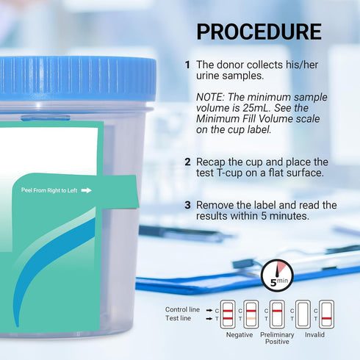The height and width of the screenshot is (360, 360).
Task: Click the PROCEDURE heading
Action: click(x=259, y=32)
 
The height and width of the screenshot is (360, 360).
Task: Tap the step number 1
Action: click(x=187, y=65)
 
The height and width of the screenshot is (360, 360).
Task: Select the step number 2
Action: click(x=187, y=162)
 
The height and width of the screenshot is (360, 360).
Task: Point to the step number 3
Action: click(x=187, y=205)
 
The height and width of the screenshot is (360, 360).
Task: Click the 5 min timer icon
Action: click(x=277, y=276)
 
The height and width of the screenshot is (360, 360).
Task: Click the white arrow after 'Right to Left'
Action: click(x=86, y=190)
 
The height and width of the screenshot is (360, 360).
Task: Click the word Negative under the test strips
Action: click(x=238, y=335)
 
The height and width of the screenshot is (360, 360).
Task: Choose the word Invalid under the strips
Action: click(x=314, y=335)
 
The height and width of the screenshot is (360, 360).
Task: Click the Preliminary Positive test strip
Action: click(x=277, y=314)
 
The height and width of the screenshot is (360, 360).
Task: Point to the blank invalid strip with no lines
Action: click(x=302, y=314)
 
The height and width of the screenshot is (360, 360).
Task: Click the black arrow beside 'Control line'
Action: click(x=209, y=309)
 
